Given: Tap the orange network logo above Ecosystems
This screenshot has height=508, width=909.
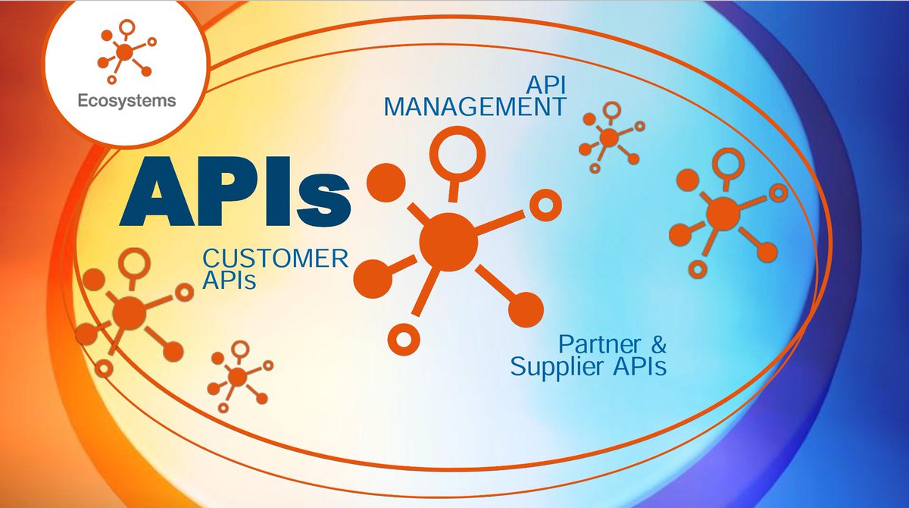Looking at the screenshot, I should click(124, 54).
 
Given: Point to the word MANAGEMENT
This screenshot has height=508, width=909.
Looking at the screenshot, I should click(474, 106).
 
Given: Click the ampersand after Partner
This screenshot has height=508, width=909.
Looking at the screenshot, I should click(660, 346).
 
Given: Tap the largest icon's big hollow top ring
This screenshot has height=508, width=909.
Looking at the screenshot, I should click(457, 151).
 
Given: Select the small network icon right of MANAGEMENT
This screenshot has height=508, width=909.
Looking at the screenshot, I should click(609, 138).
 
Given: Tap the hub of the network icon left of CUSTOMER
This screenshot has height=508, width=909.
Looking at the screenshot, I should click(130, 312).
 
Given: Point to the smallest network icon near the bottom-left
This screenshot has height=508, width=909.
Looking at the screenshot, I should click(237, 375).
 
